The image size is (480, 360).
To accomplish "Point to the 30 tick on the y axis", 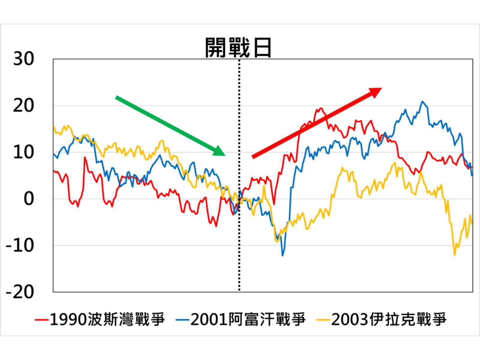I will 23,59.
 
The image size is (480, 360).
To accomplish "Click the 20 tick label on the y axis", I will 23,106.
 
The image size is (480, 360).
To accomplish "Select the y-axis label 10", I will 23,152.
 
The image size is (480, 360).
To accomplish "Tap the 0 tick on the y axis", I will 29,199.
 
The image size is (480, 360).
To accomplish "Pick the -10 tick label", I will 20,245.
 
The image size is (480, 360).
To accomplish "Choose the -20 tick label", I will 20,292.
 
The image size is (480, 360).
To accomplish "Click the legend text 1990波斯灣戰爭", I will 107,319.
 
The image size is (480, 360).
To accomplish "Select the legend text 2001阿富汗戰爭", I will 248,319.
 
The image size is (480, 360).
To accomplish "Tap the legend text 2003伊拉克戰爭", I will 389,319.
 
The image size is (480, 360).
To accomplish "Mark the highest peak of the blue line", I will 422,101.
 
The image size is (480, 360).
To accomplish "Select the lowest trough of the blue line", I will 282,255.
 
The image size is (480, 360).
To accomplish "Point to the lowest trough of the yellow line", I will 455,255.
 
